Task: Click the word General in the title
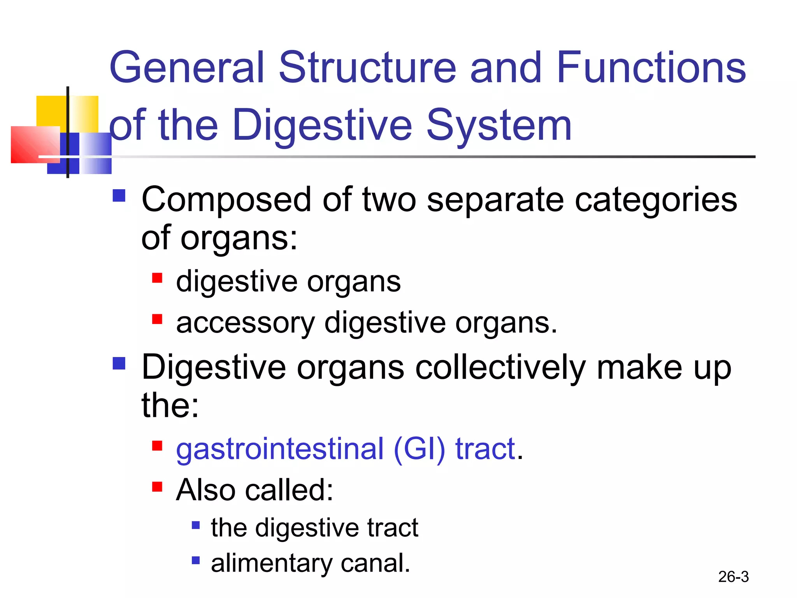[187, 68]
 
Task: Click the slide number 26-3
[733, 577]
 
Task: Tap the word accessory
[245, 323]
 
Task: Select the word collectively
[500, 368]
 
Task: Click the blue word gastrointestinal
[279, 449]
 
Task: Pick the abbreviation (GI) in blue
[419, 449]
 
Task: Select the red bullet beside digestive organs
[157, 278]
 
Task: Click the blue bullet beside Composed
[119, 195]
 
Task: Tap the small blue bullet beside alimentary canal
[196, 560]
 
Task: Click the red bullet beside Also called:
[157, 487]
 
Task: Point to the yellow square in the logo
[51, 111]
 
